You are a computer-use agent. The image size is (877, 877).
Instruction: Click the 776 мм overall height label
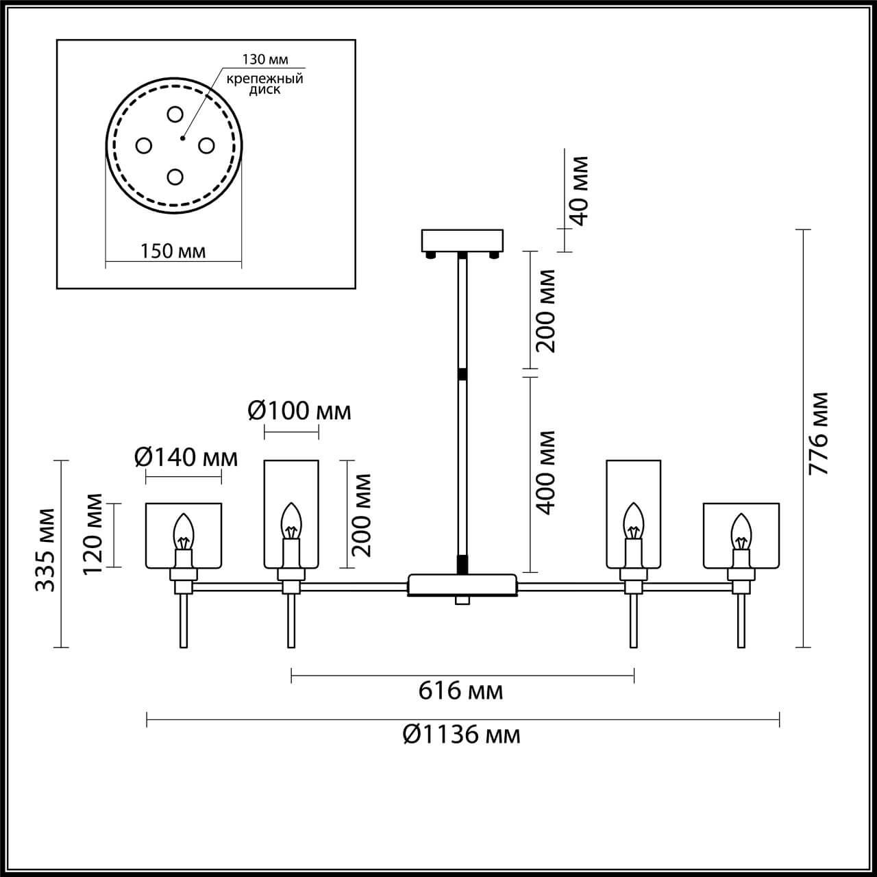(x=818, y=434)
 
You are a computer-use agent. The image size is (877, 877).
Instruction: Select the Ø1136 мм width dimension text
(x=461, y=734)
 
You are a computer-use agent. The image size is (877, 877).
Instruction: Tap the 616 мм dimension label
(x=460, y=691)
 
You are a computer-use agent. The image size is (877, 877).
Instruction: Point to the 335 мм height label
(x=45, y=549)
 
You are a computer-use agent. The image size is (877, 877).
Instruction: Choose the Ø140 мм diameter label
(x=186, y=456)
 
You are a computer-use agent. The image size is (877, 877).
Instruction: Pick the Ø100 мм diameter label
(x=299, y=410)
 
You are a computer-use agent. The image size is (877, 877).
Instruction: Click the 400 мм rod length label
(x=545, y=472)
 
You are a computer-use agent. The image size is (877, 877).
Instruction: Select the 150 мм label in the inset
(x=173, y=251)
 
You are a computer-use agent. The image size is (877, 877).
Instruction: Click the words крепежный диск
(x=264, y=84)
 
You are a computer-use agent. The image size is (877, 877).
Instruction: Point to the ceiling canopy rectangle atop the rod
(x=462, y=240)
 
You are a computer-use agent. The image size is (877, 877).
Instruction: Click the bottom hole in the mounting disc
(x=175, y=177)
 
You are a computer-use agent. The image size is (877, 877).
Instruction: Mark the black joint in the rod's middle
(x=462, y=374)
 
